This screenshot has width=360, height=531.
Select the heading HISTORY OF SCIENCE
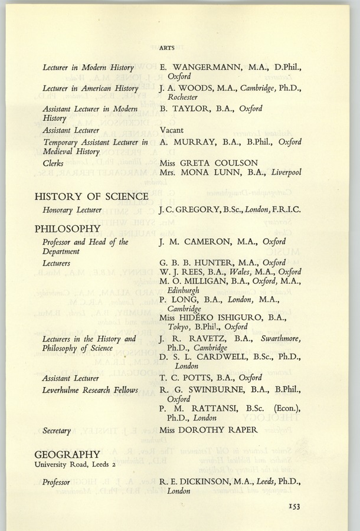coord(91,196)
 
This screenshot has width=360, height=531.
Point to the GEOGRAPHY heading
coord(67,454)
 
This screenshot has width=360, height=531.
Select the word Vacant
coord(172,129)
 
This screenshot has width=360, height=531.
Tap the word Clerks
coord(54,162)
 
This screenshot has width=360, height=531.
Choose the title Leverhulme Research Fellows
coord(90,390)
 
